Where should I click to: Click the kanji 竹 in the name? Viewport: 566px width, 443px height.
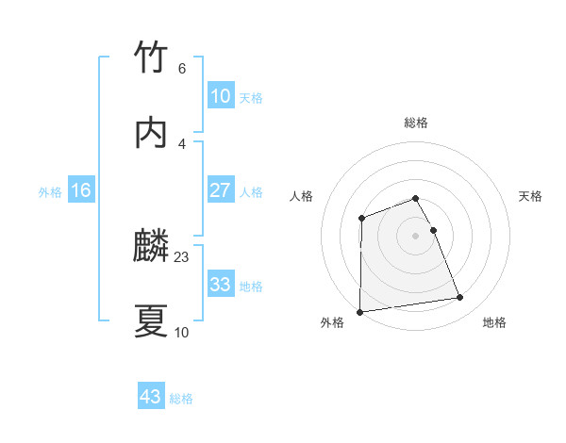click(151, 57)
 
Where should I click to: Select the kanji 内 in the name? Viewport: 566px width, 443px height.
click(151, 133)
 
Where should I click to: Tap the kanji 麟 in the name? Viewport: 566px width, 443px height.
click(151, 247)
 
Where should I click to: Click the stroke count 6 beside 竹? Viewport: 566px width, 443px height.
click(181, 68)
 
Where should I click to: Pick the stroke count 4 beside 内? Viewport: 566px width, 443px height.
click(181, 143)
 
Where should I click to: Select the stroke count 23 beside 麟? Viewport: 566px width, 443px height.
click(182, 256)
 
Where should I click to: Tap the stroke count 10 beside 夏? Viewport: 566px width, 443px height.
click(182, 332)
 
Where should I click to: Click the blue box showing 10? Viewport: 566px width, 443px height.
click(220, 96)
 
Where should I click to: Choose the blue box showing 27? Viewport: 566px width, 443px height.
click(220, 190)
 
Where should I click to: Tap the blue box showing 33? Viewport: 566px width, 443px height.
click(220, 285)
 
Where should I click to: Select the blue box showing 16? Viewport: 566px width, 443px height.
click(81, 190)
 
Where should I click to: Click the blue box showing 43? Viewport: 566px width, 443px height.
click(151, 397)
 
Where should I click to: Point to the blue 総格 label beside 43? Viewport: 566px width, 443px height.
click(181, 399)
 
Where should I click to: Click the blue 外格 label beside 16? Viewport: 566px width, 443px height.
click(50, 192)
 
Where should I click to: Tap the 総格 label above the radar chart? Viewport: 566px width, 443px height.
click(415, 123)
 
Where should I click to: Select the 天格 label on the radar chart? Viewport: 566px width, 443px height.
click(531, 196)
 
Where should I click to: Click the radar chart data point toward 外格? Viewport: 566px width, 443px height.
click(359, 311)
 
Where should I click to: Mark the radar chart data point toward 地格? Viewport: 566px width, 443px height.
click(460, 298)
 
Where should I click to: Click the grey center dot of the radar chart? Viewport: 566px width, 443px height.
click(415, 235)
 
